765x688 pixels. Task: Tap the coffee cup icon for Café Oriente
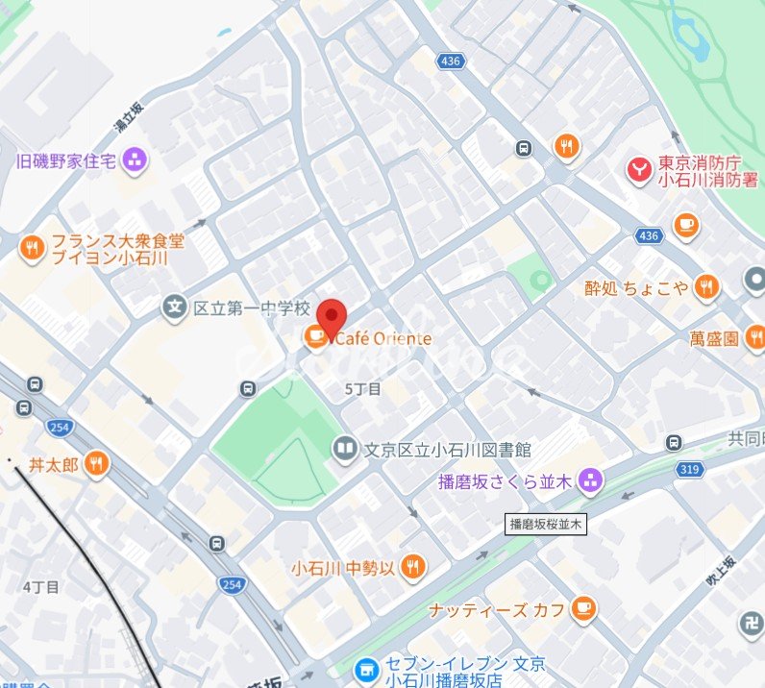(314, 336)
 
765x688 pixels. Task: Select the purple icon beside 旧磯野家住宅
(135, 160)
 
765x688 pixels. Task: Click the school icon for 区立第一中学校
(175, 307)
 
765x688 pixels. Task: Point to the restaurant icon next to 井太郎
(96, 465)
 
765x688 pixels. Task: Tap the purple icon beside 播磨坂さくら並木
(590, 479)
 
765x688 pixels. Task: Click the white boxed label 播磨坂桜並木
(546, 525)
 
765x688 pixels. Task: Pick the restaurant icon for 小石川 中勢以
(413, 567)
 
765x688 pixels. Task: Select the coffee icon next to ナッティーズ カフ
(582, 608)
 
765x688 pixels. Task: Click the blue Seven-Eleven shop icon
(365, 670)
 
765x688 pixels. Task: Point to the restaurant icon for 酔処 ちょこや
(707, 286)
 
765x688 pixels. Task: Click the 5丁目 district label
(362, 389)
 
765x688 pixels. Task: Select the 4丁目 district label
(40, 586)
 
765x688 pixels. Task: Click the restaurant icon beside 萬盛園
(755, 337)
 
